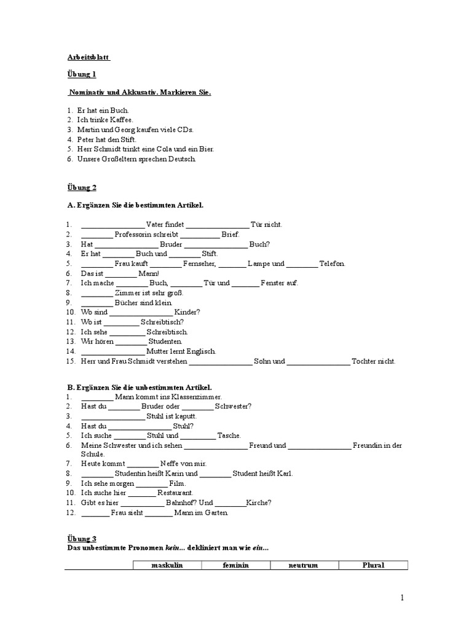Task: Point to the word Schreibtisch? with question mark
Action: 162,322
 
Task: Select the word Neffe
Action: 171,464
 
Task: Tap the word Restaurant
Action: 175,493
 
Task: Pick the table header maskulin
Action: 168,565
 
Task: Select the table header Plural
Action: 373,565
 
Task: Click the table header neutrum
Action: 304,565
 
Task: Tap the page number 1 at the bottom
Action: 403,597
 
